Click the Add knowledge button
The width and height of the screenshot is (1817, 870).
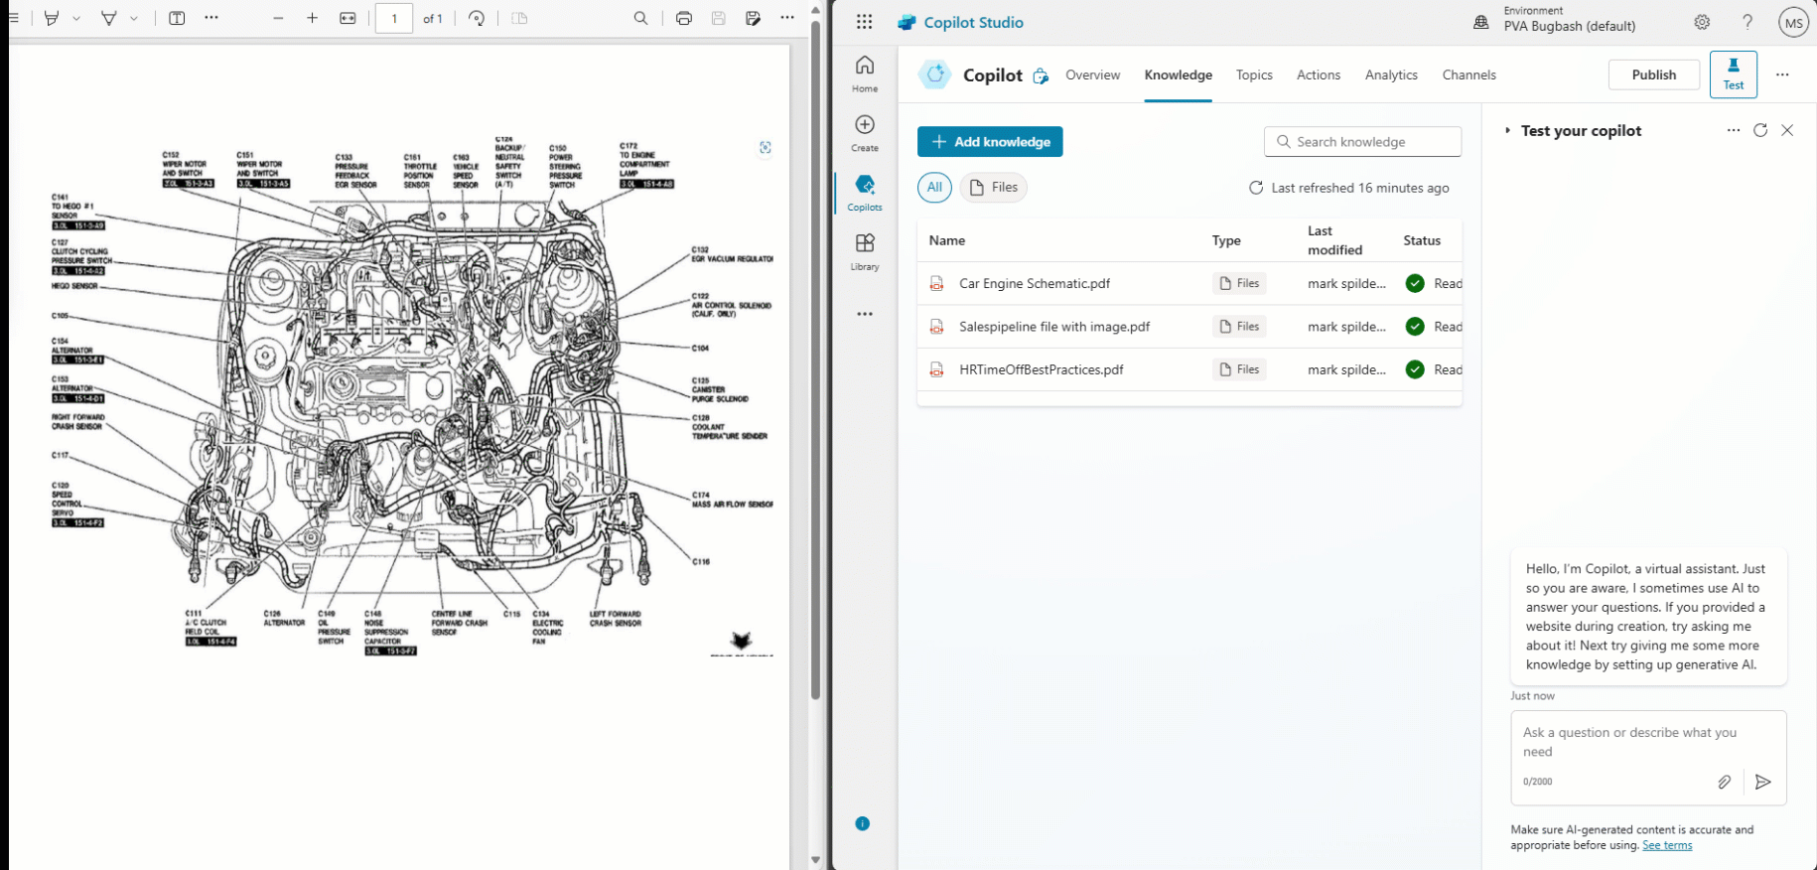pos(990,142)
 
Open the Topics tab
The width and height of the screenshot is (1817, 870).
pos(1254,75)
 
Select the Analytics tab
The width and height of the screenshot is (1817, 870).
pos(1391,75)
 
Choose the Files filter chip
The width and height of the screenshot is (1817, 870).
pos(994,188)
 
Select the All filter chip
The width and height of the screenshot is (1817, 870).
pos(934,188)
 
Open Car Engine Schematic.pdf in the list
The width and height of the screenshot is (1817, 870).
pos(1035,284)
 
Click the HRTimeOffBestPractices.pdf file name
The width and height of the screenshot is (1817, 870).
pos(1042,370)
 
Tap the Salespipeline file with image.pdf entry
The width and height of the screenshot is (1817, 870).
pos(1054,327)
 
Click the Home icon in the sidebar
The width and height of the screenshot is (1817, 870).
pos(865,72)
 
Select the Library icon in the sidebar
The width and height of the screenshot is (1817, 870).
pos(865,250)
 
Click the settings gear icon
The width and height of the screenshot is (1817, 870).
pos(1702,23)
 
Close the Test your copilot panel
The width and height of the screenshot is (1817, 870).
pos(1787,131)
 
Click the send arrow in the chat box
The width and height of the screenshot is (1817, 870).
pos(1762,783)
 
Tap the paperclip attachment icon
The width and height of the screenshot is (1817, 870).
pos(1725,783)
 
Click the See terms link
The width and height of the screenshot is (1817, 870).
pos(1667,846)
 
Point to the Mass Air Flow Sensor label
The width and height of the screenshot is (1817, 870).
pos(734,504)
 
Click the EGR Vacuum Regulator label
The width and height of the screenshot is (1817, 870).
pos(732,258)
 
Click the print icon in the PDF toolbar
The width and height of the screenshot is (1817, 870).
pos(684,19)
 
